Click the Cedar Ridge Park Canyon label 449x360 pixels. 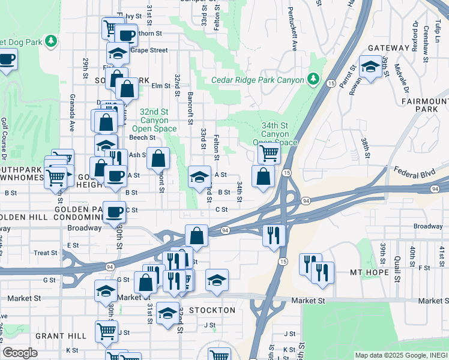(x=258, y=80)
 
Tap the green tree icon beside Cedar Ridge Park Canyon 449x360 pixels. (x=313, y=79)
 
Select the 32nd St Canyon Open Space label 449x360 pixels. (x=158, y=120)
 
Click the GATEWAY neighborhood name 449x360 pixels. (x=388, y=48)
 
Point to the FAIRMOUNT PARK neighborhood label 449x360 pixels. (x=427, y=104)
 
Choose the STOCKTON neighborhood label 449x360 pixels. (x=212, y=310)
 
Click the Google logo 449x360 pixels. (x=20, y=353)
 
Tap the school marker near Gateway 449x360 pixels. (x=370, y=67)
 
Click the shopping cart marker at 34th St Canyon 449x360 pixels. (x=270, y=152)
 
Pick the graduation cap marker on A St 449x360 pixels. (x=199, y=177)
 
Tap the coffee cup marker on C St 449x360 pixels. (x=113, y=212)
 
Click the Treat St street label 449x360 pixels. (x=46, y=253)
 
